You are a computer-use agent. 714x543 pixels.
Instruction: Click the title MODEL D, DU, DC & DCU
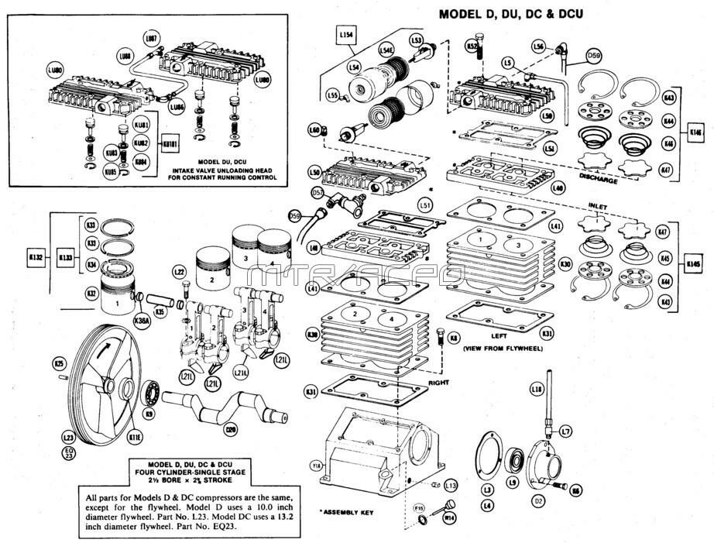(x=510, y=13)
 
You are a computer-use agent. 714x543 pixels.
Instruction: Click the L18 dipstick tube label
(x=537, y=387)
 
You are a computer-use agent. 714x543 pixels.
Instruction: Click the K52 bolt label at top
(x=470, y=46)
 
